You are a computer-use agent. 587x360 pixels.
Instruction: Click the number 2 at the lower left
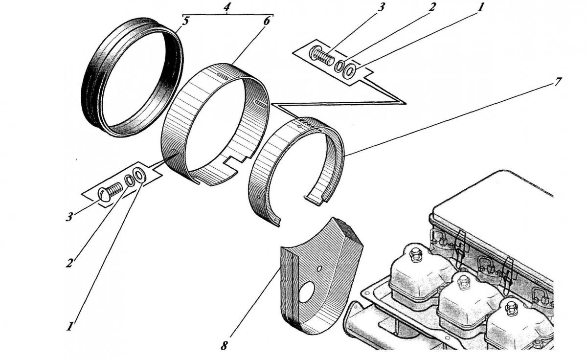[69, 262]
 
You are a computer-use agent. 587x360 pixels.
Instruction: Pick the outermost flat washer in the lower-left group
[138, 175]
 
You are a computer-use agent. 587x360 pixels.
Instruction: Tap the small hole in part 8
[319, 268]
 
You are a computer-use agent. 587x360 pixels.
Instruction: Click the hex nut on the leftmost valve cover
[416, 254]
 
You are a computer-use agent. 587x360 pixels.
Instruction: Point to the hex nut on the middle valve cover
[463, 282]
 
